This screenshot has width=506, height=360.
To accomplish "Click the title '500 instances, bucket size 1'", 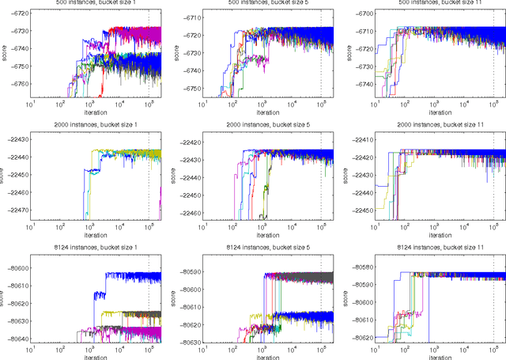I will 94,4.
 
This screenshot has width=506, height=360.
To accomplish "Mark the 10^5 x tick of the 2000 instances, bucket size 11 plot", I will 493,228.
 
